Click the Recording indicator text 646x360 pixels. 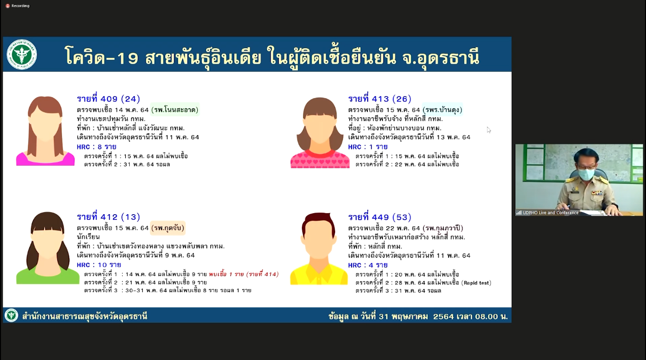(x=21, y=6)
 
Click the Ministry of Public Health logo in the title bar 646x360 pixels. (x=22, y=54)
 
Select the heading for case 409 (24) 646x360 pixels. (x=109, y=99)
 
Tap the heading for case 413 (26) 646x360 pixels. (x=379, y=99)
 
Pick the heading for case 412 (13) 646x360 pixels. (x=109, y=217)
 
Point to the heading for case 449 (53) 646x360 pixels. (x=379, y=217)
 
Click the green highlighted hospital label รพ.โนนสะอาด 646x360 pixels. (x=176, y=110)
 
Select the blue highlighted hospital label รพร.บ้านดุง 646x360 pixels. (x=442, y=110)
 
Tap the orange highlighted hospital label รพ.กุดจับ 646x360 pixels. (x=168, y=228)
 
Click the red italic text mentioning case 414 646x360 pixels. (x=244, y=274)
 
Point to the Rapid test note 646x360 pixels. (x=476, y=283)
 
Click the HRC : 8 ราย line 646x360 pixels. (x=96, y=147)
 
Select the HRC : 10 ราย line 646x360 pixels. (x=99, y=265)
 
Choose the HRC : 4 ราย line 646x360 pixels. (x=368, y=265)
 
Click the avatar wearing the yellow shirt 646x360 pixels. (x=319, y=249)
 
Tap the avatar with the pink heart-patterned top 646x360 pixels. (x=320, y=133)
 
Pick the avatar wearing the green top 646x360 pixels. (x=48, y=248)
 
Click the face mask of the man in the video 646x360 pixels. (x=586, y=174)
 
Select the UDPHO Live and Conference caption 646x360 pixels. (x=550, y=213)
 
